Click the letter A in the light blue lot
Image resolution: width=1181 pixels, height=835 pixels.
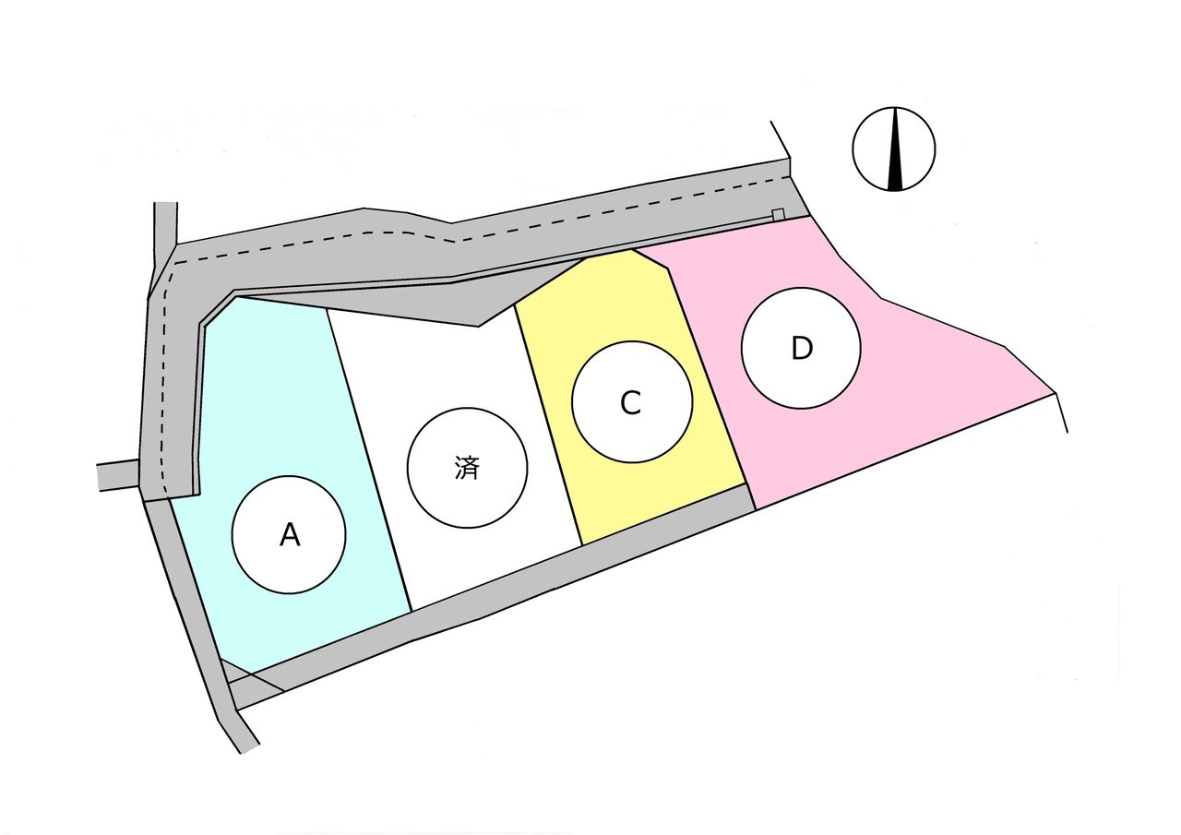[290, 535]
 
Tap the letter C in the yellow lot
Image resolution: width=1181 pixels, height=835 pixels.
[630, 403]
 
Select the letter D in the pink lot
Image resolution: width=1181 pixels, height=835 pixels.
[802, 348]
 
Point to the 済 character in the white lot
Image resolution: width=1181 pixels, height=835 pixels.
[467, 468]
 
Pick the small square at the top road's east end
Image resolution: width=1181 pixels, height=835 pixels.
[778, 214]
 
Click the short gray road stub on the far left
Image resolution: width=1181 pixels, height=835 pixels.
[119, 475]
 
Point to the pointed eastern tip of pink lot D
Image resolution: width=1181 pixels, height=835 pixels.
[1055, 393]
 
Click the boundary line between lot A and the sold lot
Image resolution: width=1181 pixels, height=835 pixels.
[369, 460]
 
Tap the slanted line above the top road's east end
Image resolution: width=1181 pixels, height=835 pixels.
[781, 139]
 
